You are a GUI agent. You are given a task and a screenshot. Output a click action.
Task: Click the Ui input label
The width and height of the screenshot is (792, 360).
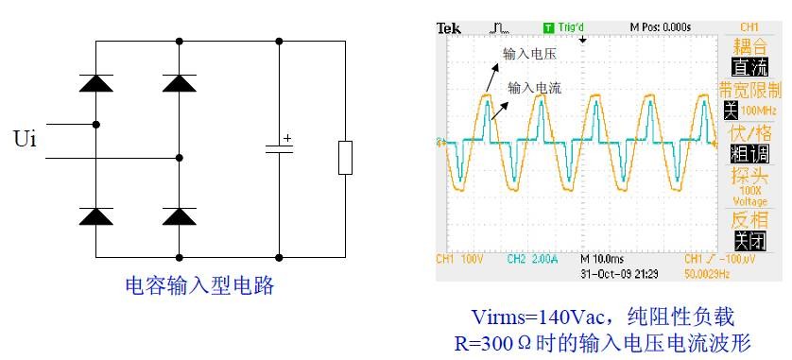coord(26,141)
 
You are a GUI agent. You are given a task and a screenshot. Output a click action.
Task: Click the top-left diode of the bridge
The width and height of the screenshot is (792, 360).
coord(95,82)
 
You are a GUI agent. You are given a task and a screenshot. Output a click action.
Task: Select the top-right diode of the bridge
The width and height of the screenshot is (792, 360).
coord(179,82)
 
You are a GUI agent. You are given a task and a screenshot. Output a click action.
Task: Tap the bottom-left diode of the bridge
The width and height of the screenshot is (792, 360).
coord(95,216)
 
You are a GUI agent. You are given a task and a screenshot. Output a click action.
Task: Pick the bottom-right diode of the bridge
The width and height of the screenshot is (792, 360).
coord(179,216)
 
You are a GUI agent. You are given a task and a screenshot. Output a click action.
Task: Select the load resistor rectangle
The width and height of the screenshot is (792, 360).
coord(345,157)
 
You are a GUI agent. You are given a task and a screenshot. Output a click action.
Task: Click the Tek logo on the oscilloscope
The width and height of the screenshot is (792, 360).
coord(448,27)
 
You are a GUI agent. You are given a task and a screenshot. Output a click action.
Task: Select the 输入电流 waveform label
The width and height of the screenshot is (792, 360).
coord(535,88)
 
